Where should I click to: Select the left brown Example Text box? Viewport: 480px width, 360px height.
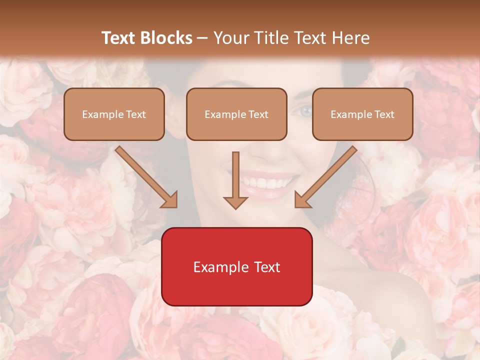click(x=114, y=114)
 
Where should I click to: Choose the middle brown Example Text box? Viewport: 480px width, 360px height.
click(x=236, y=114)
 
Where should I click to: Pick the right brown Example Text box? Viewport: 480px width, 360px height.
click(x=362, y=114)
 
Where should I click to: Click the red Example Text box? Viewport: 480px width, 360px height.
click(x=236, y=266)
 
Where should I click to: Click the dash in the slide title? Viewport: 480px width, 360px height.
click(x=202, y=38)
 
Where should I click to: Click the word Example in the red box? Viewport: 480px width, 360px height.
click(x=218, y=267)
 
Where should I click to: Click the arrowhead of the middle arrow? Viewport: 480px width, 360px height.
click(x=235, y=202)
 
